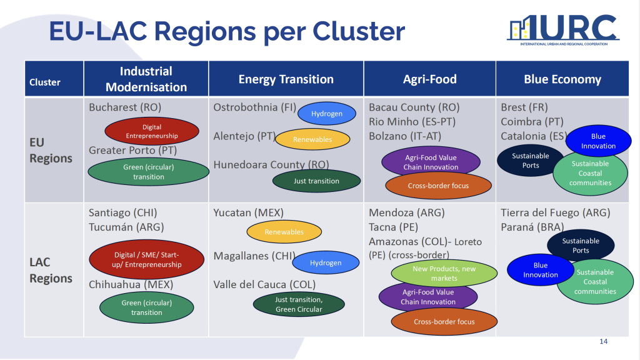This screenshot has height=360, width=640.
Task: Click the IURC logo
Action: tap(563, 30)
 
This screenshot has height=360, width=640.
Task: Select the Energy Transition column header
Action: tap(286, 79)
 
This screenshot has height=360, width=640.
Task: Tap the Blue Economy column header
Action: tap(562, 79)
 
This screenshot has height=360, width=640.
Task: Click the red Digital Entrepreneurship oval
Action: tap(152, 131)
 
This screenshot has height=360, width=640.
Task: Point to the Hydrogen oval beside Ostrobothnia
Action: tap(327, 114)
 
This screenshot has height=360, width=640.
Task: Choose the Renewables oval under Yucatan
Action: tap(284, 232)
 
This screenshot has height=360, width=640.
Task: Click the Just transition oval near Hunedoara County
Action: tap(316, 181)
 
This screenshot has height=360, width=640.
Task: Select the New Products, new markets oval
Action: tap(444, 273)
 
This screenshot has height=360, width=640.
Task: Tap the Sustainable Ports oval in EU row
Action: tap(531, 161)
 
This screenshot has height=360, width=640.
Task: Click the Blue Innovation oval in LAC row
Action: tap(541, 270)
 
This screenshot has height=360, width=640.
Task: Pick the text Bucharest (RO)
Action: tap(125, 107)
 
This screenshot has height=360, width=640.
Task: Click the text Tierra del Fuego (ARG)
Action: tap(556, 212)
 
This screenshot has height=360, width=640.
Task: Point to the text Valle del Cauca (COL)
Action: tap(264, 284)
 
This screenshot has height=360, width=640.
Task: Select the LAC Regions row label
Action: tap(51, 270)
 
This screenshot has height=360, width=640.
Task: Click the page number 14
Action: tap(603, 341)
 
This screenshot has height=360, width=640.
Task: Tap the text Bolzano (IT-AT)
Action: tap(405, 136)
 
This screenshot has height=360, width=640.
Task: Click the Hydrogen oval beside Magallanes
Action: tap(326, 262)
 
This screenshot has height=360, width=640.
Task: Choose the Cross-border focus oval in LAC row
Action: tap(444, 322)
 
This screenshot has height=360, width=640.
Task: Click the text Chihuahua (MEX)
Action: tap(131, 284)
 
